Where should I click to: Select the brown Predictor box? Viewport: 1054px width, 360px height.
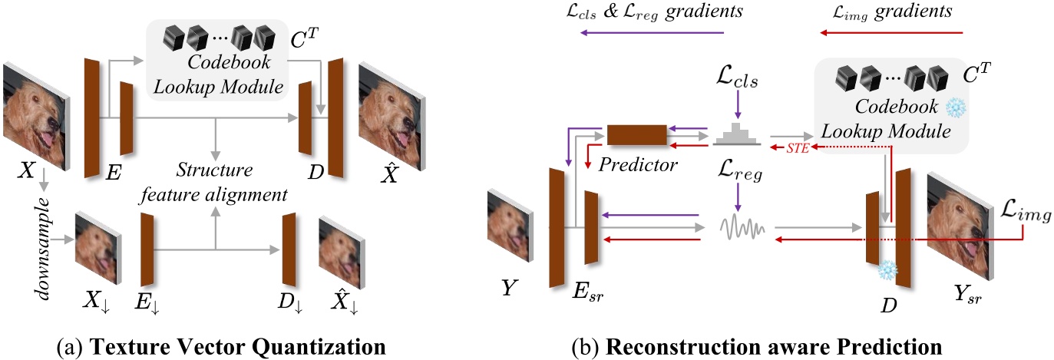636,134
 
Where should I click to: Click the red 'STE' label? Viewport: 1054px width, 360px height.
796,149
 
